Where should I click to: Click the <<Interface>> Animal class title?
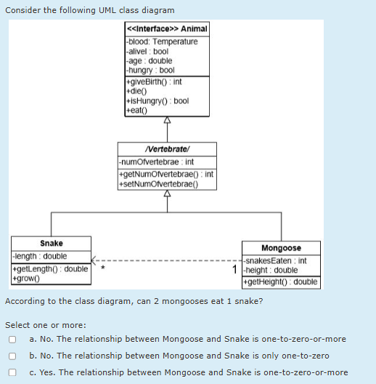point(167,28)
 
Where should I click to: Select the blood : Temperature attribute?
point(163,41)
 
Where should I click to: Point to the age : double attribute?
point(149,60)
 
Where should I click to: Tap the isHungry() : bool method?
point(158,101)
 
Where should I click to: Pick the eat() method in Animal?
point(136,111)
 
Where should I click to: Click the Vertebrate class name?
point(167,148)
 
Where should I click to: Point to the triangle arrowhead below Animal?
point(167,120)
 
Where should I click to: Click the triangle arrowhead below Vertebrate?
point(167,193)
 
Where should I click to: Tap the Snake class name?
point(51,243)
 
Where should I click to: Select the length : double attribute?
point(41,256)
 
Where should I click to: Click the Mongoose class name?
point(280,248)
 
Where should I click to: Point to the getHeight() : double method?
point(280,282)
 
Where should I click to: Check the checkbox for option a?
point(12,339)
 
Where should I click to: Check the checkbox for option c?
point(12,372)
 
